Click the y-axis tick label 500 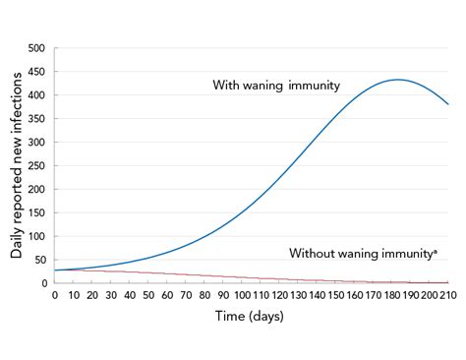coord(36,48)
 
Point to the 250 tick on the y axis coord(36,165)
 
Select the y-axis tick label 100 coord(36,236)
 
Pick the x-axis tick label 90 coord(223,295)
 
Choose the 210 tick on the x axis coord(449,295)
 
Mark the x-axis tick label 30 coord(111,295)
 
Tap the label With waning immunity coord(276,86)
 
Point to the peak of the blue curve coord(397,80)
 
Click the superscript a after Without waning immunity coord(434,250)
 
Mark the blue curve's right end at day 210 coord(449,104)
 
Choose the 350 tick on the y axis coord(36,119)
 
